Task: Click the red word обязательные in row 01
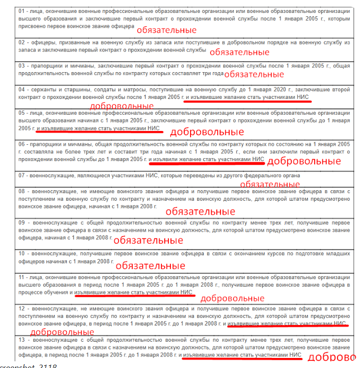click(x=167, y=30)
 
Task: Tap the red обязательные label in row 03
click(x=254, y=74)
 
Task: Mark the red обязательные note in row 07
click(x=269, y=184)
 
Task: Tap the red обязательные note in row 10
click(x=150, y=265)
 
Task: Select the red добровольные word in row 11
click(x=232, y=298)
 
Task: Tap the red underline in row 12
click(x=287, y=326)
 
